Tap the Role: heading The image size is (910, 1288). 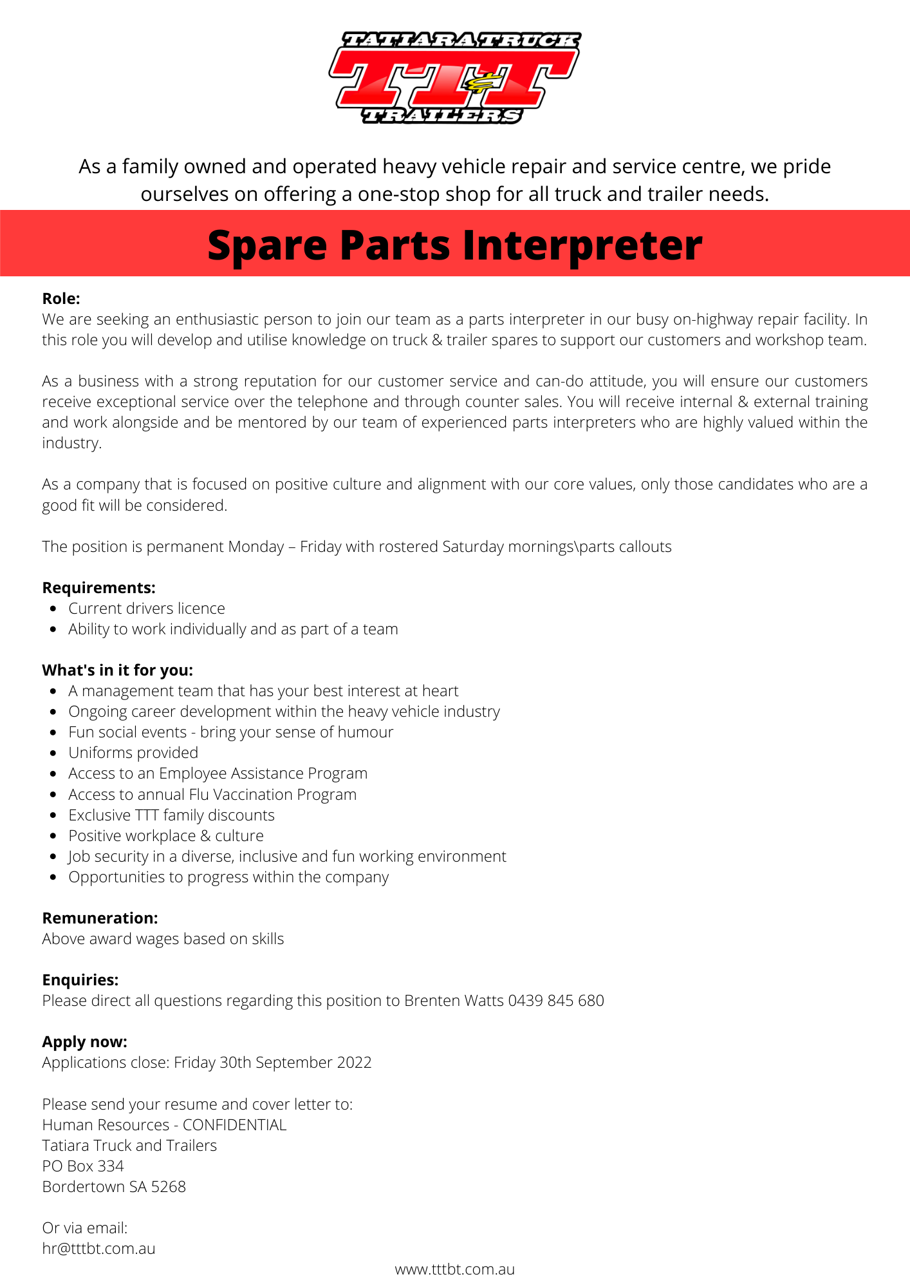[x=61, y=298]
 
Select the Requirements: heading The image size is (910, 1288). [x=98, y=587]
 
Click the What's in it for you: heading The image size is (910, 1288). [x=117, y=670]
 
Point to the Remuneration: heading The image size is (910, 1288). [x=100, y=918]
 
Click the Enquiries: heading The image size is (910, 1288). [x=80, y=980]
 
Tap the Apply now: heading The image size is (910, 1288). [x=84, y=1041]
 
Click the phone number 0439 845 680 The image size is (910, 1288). [x=556, y=1000]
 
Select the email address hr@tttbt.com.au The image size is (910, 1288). [x=98, y=1248]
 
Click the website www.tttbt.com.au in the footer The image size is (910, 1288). [x=454, y=1269]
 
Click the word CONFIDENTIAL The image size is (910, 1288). [x=234, y=1124]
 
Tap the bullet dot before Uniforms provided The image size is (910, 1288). [x=53, y=753]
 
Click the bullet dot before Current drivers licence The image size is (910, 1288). [x=53, y=609]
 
